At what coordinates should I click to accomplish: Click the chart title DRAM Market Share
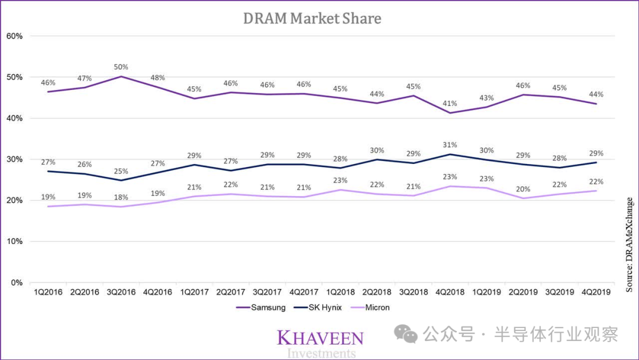(312, 18)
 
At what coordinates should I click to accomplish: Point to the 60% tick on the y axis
(14, 36)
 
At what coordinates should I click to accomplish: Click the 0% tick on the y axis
(17, 282)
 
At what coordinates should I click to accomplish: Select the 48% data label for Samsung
(157, 78)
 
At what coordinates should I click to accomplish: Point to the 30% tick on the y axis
(14, 159)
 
